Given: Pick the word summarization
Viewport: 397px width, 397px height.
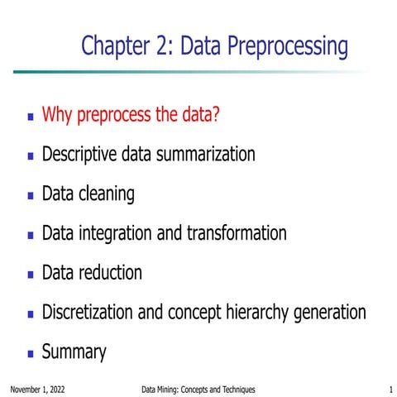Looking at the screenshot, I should (x=207, y=154).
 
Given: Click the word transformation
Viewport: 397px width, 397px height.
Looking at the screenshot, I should (x=236, y=233).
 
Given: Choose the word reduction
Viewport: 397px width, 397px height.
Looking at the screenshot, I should (x=112, y=272).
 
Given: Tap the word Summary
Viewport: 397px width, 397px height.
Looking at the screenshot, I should (x=74, y=352).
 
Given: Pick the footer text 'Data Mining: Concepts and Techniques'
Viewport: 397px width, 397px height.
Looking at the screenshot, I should (x=198, y=389).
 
